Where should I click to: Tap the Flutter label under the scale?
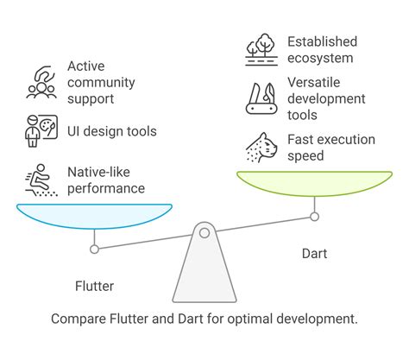tap(93, 285)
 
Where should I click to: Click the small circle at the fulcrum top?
tap(204, 232)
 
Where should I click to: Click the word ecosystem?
tap(320, 59)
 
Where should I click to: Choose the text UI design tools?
tap(111, 131)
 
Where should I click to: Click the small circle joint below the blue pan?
tap(94, 249)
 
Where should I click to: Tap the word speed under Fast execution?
tap(305, 155)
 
